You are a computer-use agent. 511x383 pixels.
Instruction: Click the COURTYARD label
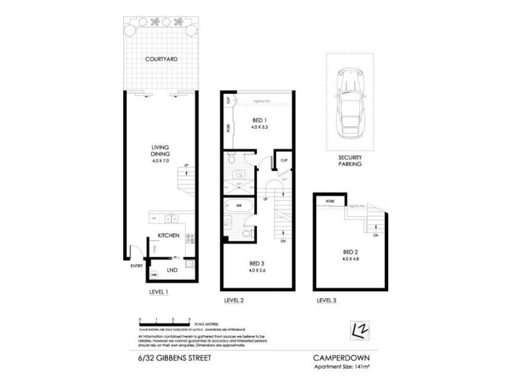click(160, 59)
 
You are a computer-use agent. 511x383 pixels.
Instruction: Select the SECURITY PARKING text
click(351, 160)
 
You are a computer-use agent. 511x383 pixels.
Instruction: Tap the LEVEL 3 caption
click(326, 299)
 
